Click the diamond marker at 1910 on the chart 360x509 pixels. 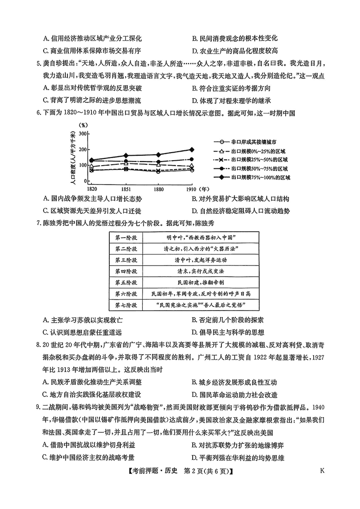tap(192, 149)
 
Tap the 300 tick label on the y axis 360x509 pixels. tap(82, 134)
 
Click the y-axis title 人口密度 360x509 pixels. tap(73, 157)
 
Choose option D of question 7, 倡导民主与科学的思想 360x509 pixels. tap(231, 333)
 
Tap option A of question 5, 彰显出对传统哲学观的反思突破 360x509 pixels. tap(92, 89)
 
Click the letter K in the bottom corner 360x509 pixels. tap(322, 471)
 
